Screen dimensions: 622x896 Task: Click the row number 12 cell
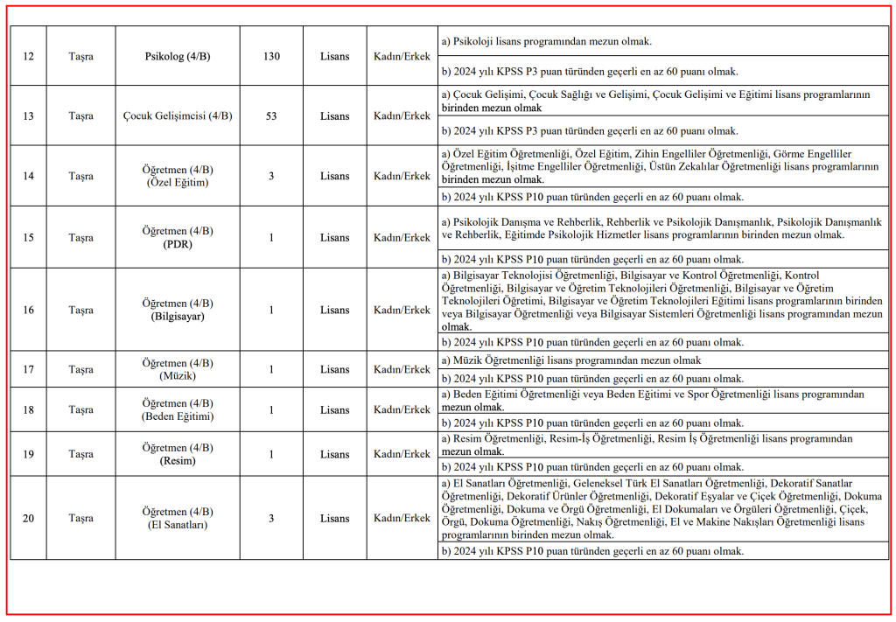point(28,57)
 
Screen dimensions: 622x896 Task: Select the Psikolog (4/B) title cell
point(178,57)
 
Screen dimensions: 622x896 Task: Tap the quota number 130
point(271,57)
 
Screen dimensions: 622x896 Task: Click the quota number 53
point(271,116)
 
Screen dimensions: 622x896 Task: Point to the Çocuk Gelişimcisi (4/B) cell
point(178,116)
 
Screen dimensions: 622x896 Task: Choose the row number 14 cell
point(28,176)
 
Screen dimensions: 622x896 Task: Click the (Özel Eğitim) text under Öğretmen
point(178,183)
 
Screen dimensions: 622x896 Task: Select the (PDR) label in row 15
point(178,244)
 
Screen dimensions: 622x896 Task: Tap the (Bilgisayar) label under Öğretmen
point(178,317)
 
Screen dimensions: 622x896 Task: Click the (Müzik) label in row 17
point(178,376)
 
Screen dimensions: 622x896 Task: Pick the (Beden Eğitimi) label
point(178,416)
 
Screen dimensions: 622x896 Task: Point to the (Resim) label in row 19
point(178,461)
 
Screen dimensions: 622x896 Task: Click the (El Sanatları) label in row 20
point(178,525)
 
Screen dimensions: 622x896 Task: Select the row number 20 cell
point(28,518)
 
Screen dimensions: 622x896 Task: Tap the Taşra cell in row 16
point(80,310)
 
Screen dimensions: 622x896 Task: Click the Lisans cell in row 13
point(334,116)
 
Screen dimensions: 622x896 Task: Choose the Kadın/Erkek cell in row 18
point(402,409)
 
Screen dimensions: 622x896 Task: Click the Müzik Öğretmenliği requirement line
point(570,360)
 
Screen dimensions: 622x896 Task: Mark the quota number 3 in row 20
point(271,518)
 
